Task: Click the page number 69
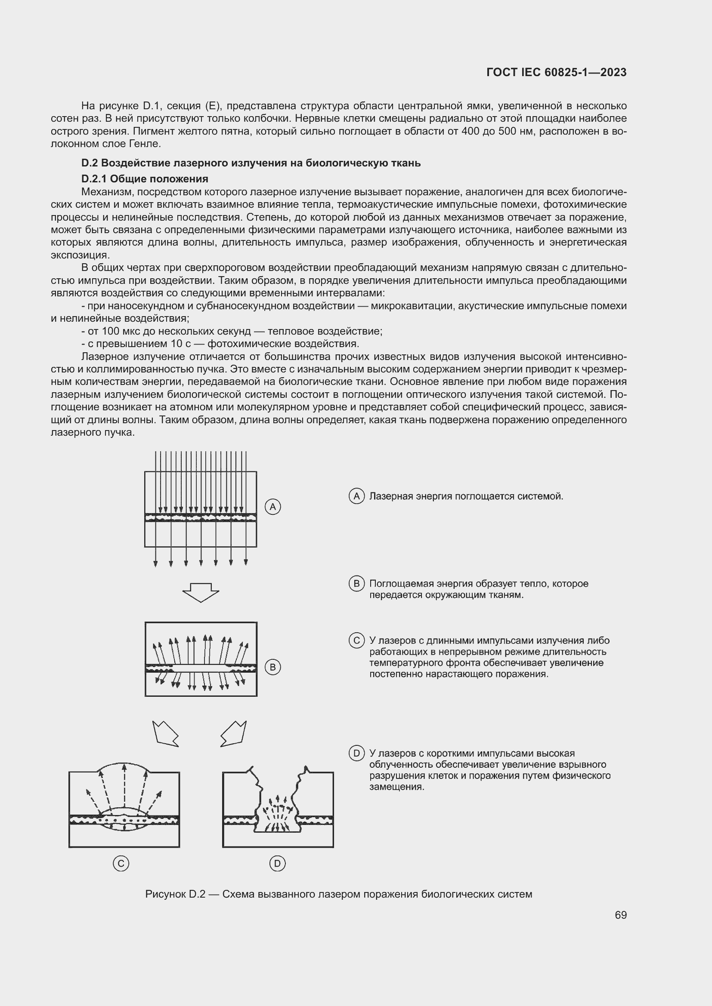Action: tap(620, 915)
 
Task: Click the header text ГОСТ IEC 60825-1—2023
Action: tap(556, 72)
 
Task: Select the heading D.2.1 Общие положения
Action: tap(145, 179)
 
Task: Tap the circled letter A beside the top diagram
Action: tap(272, 507)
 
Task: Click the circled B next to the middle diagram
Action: tap(272, 668)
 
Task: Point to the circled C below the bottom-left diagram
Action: tap(121, 864)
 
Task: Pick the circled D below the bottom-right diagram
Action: tap(277, 864)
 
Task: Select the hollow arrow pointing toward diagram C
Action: tap(165, 733)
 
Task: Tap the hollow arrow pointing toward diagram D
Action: tap(234, 733)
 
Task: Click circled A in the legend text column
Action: tap(356, 496)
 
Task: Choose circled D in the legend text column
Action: tap(356, 753)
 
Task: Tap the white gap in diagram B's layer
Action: tap(200, 668)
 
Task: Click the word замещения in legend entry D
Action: tap(396, 787)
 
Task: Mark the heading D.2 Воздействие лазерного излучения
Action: tap(251, 163)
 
